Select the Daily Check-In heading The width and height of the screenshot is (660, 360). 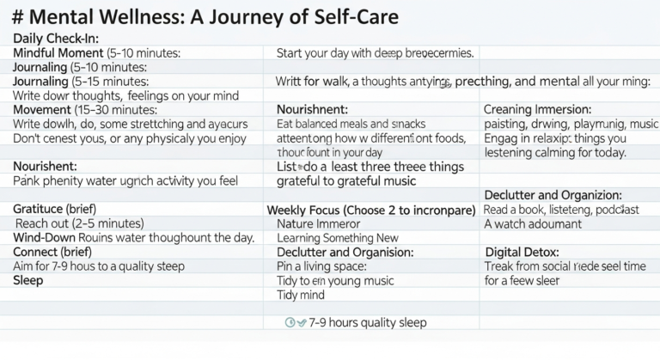pos(57,39)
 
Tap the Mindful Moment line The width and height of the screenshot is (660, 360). pos(97,53)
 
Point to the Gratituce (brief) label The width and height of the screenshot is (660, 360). pos(55,209)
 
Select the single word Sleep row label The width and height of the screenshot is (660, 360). pos(28,280)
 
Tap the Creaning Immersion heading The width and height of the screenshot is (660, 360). pos(537,110)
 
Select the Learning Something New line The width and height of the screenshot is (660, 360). pos(338,237)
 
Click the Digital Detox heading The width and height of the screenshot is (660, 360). pos(522,252)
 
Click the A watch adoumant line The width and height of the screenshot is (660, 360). pos(533,223)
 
